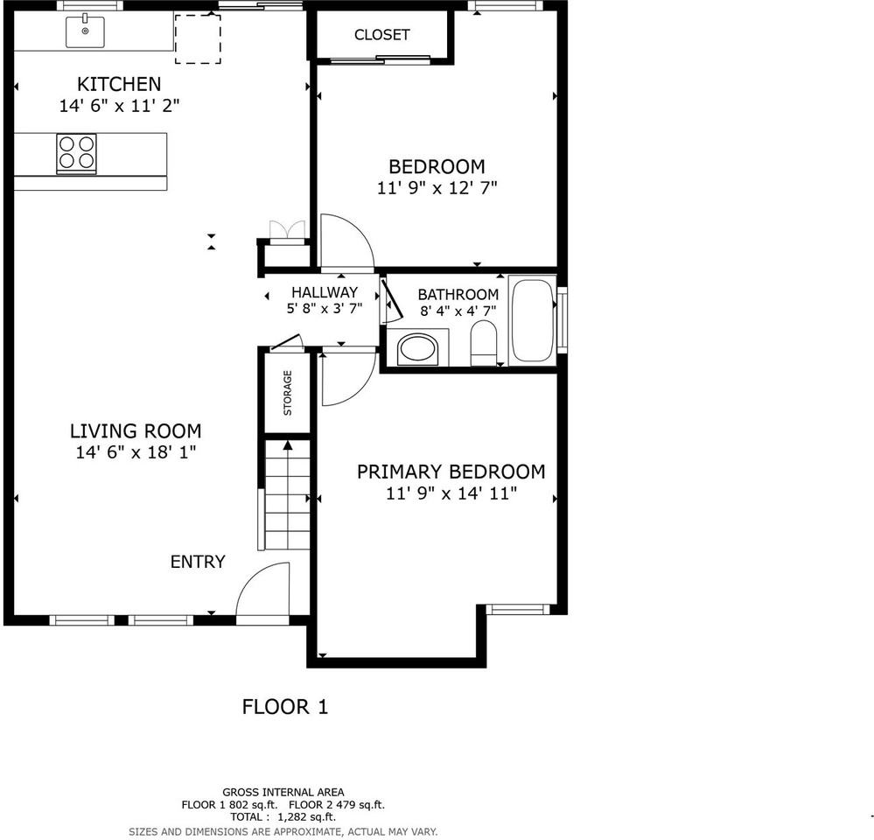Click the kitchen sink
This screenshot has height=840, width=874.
point(85,31)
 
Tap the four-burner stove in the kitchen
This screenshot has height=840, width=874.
point(77,152)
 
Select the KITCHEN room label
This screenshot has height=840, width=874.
point(119,84)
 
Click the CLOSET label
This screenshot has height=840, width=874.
point(381,35)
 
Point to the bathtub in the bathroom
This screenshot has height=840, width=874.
point(532,319)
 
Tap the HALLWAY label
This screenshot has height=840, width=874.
point(325,292)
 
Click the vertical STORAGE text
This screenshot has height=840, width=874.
point(288,392)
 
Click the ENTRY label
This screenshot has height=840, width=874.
point(198,562)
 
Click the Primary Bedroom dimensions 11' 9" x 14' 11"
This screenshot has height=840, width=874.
point(451,493)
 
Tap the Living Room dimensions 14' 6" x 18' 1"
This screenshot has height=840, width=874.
point(136,452)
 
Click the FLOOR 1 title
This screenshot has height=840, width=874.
point(285,706)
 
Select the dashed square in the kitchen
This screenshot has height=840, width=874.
point(198,38)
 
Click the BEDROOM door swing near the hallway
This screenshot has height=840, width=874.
point(346,241)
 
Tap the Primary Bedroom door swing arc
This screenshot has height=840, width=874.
point(347,378)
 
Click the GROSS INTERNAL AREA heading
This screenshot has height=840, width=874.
point(283,792)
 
